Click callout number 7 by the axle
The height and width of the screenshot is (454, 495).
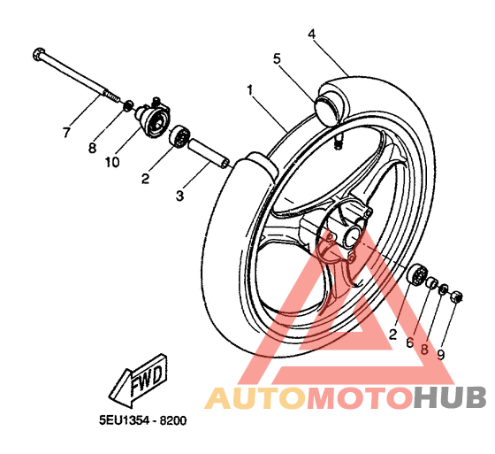[x=66, y=132]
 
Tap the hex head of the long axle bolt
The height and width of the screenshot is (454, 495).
[x=39, y=54]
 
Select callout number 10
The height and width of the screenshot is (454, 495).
[x=112, y=162]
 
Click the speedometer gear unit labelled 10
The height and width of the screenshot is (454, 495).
[x=155, y=118]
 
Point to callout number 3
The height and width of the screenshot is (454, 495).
[x=179, y=196]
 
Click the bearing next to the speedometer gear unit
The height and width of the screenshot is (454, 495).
[x=179, y=136]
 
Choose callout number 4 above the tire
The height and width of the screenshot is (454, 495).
[x=311, y=34]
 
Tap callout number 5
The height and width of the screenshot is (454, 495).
[x=277, y=58]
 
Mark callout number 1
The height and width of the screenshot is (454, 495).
[x=250, y=90]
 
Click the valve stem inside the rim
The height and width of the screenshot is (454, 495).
[x=338, y=141]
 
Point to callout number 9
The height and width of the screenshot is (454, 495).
[x=441, y=355]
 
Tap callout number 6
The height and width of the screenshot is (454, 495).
[x=410, y=342]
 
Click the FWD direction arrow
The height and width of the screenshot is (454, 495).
[x=138, y=381]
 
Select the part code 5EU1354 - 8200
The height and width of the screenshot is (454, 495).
[x=142, y=420]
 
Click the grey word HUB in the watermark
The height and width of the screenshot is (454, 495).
[x=450, y=397]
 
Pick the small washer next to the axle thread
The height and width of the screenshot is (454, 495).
[x=128, y=105]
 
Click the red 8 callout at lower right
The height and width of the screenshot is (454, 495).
[x=424, y=350]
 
